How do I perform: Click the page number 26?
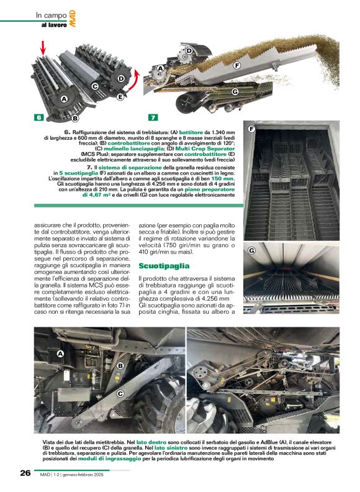25,473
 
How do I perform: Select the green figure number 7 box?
153,117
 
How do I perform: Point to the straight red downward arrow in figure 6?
43,47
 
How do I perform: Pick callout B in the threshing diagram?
75,117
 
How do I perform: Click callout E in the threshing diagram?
120,97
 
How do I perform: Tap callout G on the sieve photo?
252,250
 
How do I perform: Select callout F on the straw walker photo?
252,129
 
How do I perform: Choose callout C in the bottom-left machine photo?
120,393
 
